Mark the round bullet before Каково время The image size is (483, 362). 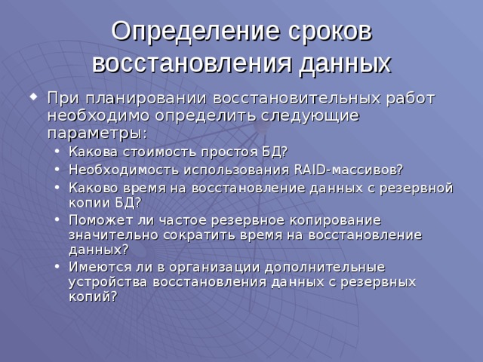[x=60, y=186]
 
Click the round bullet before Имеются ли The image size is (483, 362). [x=60, y=267]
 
